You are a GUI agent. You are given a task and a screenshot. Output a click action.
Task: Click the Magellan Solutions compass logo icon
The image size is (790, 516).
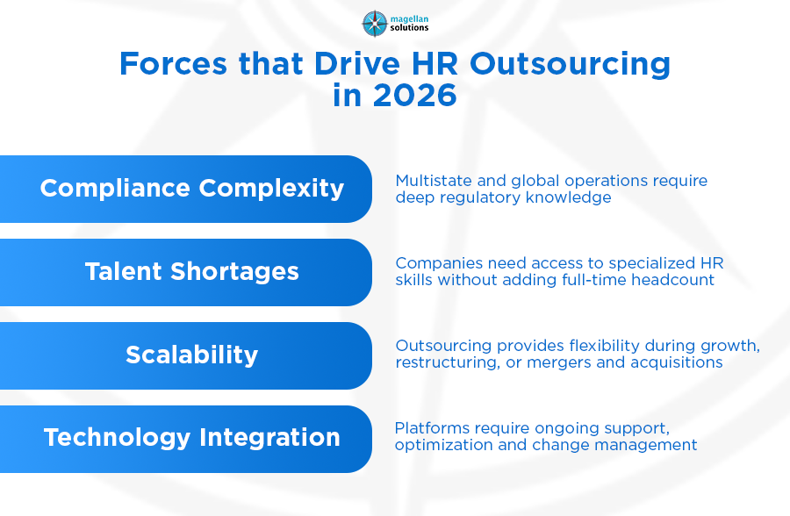pos(375,24)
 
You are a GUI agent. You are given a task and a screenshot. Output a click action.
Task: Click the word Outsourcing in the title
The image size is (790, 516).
pos(570,65)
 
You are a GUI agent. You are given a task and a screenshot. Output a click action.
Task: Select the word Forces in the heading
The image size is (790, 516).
pos(173,63)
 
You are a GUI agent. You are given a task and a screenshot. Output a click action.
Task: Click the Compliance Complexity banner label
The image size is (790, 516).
pos(192,189)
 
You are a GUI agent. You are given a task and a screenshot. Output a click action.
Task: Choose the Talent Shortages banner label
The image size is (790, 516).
pos(192,272)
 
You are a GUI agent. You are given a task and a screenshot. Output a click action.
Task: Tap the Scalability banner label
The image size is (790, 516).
pos(192,355)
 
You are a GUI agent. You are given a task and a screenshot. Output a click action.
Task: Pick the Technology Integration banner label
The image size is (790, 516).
pos(192,437)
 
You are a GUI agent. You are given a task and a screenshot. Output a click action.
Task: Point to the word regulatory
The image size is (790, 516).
pos(480,197)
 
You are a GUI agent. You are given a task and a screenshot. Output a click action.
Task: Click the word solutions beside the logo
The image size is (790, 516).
pos(409,28)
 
